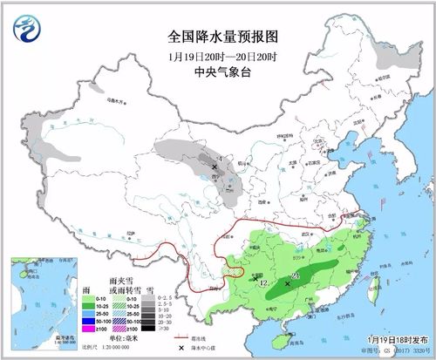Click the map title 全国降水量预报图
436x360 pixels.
tap(217, 37)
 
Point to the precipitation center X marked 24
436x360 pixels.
tap(287, 282)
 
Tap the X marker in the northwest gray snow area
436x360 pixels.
tap(215, 166)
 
